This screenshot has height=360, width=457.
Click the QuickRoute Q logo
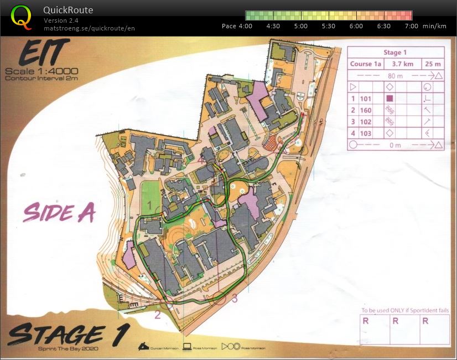click(21, 17)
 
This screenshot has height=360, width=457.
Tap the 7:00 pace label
click(411, 26)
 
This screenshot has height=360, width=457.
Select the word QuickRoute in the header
click(68, 10)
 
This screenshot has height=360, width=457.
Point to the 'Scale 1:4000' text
click(41, 71)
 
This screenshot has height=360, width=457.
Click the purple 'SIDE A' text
click(59, 212)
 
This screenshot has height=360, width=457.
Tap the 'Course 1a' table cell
click(366, 64)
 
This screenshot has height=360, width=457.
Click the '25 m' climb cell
click(433, 64)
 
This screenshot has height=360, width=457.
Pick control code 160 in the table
click(365, 110)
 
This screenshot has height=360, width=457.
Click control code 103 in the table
click(365, 133)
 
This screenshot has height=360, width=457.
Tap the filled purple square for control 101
click(390, 99)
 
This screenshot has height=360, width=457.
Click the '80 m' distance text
click(392, 76)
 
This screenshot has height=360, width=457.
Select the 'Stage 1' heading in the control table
click(392, 53)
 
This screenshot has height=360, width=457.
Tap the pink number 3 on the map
click(235, 299)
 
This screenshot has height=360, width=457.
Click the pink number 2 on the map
click(157, 315)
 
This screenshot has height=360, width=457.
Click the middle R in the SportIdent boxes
click(395, 321)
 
